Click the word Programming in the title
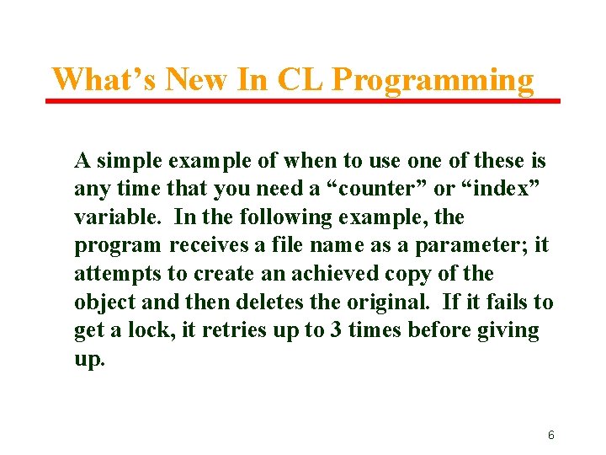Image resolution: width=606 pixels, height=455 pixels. pyautogui.click(x=433, y=80)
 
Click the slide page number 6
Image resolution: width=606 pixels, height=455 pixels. pyautogui.click(x=550, y=436)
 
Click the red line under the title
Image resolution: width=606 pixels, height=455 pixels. pyautogui.click(x=303, y=101)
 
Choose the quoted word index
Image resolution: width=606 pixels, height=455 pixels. pyautogui.click(x=496, y=189)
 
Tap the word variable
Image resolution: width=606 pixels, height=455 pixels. pyautogui.click(x=120, y=217)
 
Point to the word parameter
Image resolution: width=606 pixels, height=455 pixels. pyautogui.click(x=485, y=245)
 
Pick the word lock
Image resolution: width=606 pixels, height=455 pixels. pyautogui.click(x=151, y=330)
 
